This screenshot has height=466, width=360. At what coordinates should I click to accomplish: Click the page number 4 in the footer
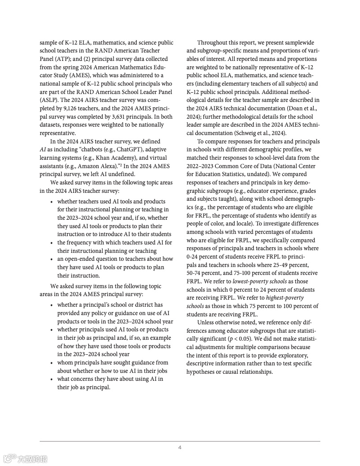click(x=180, y=447)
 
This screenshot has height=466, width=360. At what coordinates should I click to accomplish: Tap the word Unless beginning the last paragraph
click(x=206, y=323)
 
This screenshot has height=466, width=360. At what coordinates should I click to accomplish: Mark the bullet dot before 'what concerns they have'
click(x=52, y=380)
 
